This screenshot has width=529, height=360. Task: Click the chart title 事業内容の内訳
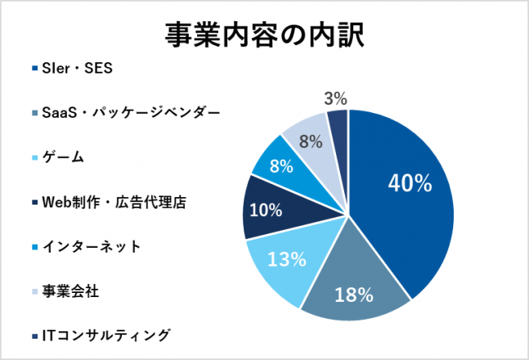pyautogui.click(x=264, y=34)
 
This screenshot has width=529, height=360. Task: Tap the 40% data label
pyautogui.click(x=410, y=183)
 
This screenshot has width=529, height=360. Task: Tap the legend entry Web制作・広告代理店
pyautogui.click(x=114, y=201)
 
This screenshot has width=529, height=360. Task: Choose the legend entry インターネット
pyautogui.click(x=91, y=245)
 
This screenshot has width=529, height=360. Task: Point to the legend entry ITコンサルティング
pyautogui.click(x=105, y=334)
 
